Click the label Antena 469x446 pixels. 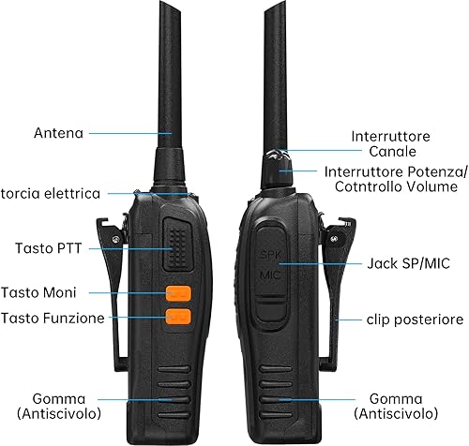click(x=59, y=133)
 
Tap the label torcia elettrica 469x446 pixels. click(x=51, y=194)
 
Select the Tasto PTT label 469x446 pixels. click(x=49, y=248)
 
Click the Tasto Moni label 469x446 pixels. click(x=38, y=292)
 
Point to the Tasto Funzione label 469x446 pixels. click(x=53, y=319)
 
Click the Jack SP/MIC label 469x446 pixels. click(x=408, y=263)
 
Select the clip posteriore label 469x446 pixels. click(x=415, y=320)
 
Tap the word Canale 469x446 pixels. click(x=392, y=152)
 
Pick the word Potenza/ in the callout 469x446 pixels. click(x=438, y=172)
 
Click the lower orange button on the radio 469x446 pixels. click(x=178, y=317)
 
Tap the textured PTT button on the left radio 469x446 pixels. click(x=177, y=244)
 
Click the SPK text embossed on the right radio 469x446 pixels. click(x=271, y=255)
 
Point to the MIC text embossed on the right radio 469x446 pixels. click(x=270, y=275)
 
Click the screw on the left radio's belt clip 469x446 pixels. click(x=115, y=240)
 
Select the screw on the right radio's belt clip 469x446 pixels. click(x=335, y=239)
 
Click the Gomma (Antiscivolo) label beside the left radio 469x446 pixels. click(x=59, y=407)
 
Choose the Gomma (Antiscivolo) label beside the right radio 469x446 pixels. click(x=396, y=407)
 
